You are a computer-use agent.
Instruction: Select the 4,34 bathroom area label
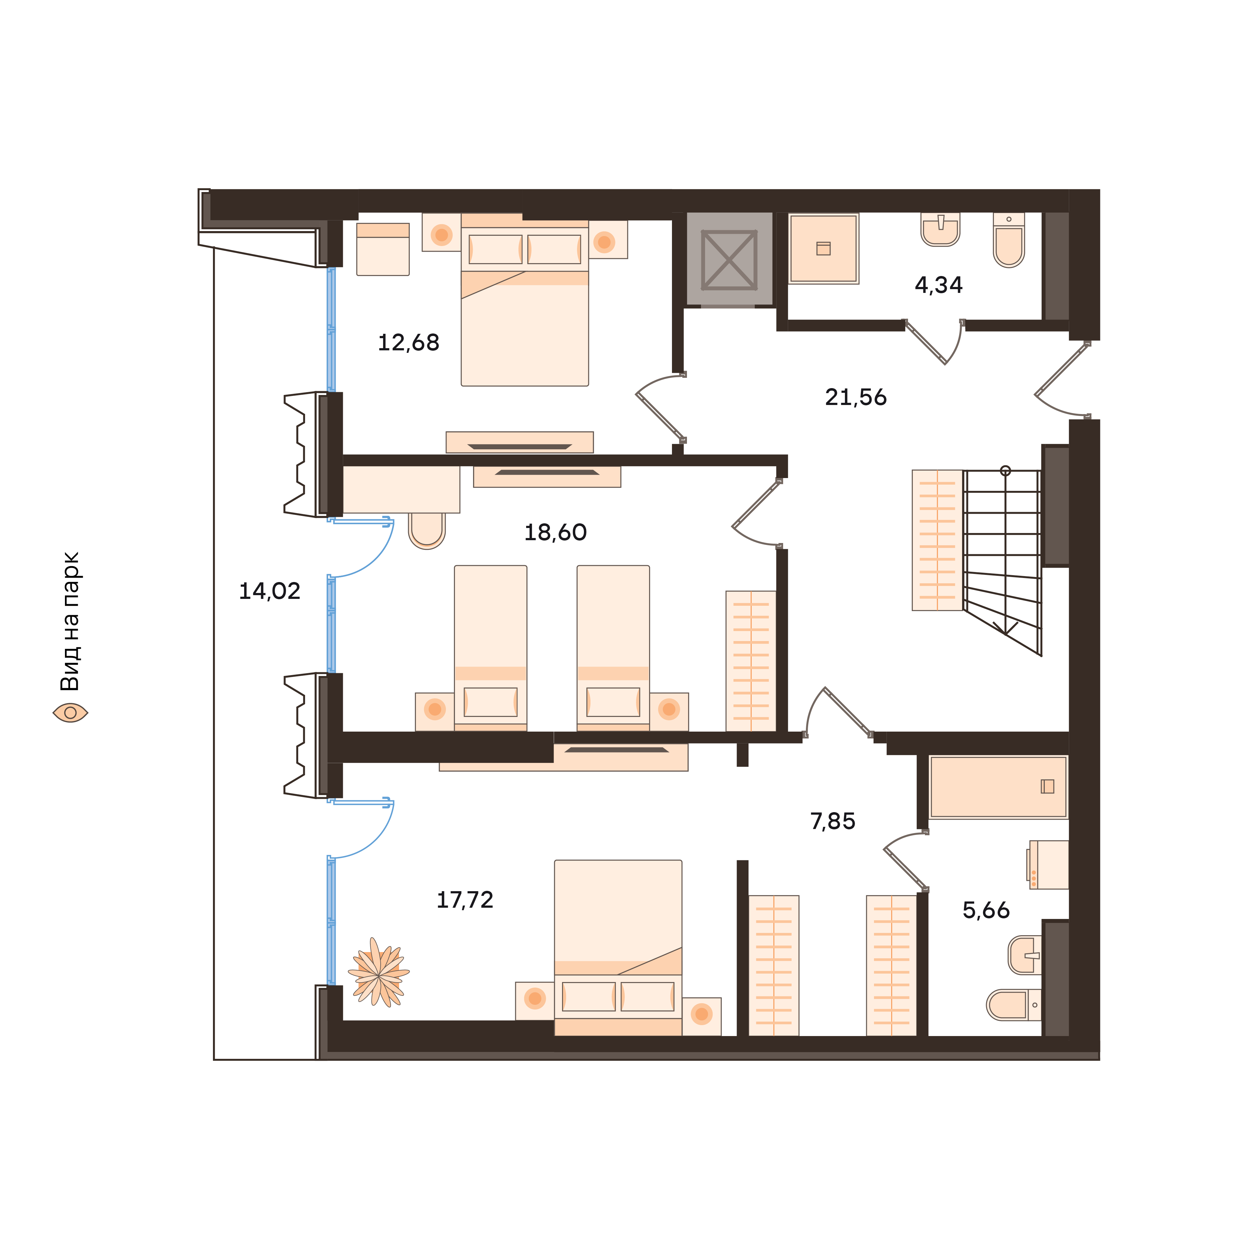(939, 285)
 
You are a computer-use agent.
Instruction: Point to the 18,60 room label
(555, 533)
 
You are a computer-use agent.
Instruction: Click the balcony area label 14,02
(269, 591)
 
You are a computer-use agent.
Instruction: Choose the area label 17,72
(465, 900)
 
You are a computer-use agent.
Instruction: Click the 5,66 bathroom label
(986, 910)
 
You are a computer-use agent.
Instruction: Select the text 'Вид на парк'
(70, 621)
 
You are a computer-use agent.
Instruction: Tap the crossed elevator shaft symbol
(729, 259)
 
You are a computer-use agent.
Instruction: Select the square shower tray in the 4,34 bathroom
(824, 249)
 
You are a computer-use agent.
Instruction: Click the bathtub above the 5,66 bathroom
(998, 787)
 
